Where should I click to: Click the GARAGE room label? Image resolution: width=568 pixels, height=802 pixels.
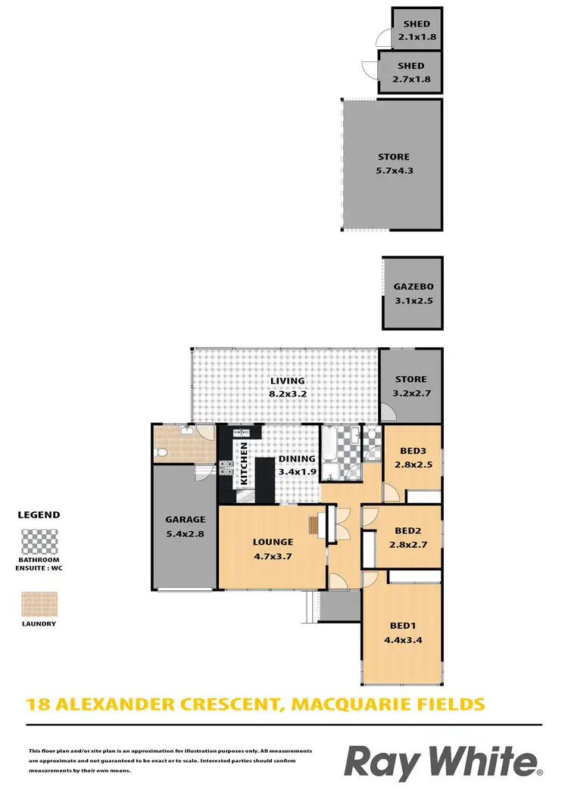(x=186, y=520)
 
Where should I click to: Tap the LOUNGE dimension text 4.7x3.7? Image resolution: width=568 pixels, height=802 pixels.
(x=273, y=555)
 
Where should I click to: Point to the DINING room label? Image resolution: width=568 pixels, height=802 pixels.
(x=292, y=459)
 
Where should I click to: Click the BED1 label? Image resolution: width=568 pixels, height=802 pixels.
(x=401, y=626)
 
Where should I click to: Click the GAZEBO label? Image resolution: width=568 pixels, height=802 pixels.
(x=412, y=288)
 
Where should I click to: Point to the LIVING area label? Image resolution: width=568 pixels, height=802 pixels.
(x=286, y=381)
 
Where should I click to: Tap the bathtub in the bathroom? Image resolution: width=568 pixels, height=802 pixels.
(x=332, y=454)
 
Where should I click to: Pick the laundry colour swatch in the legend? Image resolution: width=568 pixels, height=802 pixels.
(x=39, y=603)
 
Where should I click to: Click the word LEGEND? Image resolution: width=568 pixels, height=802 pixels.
(x=39, y=514)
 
